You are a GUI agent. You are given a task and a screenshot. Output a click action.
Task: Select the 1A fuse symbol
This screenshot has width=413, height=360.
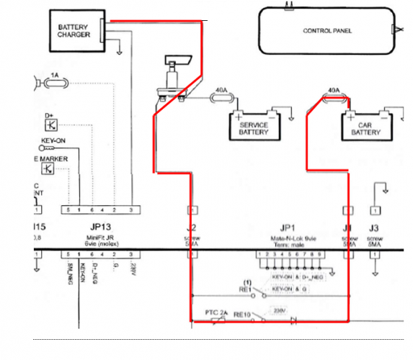click(x=56, y=84)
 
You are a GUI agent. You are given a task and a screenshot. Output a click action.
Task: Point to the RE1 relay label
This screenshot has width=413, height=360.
click(x=246, y=291)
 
